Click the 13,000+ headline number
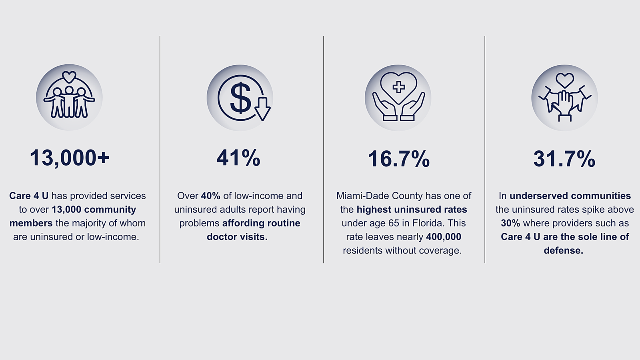(70, 158)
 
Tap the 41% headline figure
(238, 158)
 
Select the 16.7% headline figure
(398, 158)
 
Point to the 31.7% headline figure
(564, 158)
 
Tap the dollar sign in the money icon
(240, 98)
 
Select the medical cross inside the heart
(398, 87)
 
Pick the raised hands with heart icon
(564, 98)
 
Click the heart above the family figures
(69, 76)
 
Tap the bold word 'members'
(31, 223)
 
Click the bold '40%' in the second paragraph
(210, 196)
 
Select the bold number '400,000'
(444, 237)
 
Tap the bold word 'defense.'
(564, 250)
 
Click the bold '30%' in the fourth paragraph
(510, 223)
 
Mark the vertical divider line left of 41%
(160, 150)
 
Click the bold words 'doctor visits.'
(237, 237)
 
